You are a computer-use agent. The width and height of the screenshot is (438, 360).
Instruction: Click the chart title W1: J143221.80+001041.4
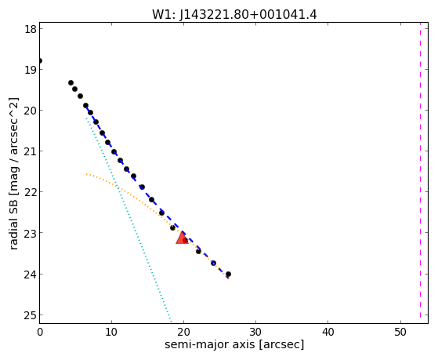click(234, 14)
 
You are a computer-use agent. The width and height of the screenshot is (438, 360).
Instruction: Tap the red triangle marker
click(182, 238)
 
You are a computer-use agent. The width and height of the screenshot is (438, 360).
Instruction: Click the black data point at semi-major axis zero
click(40, 60)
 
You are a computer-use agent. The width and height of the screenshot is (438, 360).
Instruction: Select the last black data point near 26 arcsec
click(228, 275)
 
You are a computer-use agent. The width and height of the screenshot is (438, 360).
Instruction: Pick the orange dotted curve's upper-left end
click(87, 174)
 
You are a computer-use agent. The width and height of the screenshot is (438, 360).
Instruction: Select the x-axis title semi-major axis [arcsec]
click(234, 344)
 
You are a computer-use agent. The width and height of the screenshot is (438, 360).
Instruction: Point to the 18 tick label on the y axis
click(31, 29)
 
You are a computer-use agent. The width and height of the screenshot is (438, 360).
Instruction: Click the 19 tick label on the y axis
click(31, 69)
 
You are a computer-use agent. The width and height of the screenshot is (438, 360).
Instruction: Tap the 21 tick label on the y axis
click(31, 151)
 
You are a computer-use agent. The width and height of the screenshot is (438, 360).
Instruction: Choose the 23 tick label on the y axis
click(31, 233)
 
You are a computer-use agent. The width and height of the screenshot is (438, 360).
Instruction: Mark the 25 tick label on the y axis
click(31, 315)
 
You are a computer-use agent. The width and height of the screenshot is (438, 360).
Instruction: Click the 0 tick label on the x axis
click(40, 332)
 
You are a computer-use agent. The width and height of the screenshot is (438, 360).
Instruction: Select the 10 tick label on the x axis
click(111, 332)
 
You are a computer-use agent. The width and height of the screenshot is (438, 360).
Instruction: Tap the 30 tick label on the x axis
click(256, 332)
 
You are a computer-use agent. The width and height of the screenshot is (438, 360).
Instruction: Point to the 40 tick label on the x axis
click(328, 332)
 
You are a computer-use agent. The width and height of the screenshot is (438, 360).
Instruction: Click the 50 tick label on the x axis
click(400, 332)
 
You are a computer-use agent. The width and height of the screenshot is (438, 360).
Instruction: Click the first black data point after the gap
click(71, 83)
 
